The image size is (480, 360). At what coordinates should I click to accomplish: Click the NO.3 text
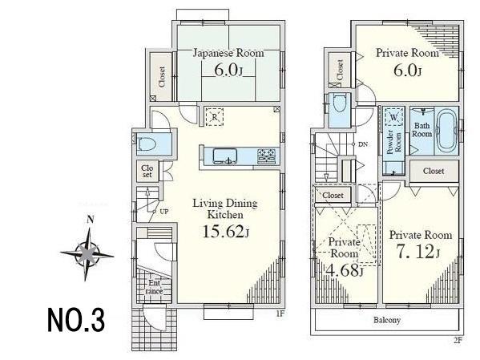click(x=75, y=321)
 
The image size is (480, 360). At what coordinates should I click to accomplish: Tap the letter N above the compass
click(x=91, y=220)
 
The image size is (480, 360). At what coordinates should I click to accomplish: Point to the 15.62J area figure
click(x=224, y=233)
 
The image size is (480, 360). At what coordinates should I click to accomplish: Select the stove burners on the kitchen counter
click(x=266, y=154)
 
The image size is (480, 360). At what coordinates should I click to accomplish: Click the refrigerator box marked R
click(x=214, y=116)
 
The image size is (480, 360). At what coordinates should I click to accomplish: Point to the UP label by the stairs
click(x=163, y=212)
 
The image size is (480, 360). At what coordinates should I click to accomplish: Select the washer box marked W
click(x=394, y=116)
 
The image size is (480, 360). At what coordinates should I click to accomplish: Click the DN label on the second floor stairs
click(x=362, y=144)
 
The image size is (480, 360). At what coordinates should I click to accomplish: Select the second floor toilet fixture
click(x=339, y=105)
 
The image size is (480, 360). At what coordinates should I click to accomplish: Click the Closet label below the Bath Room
click(x=434, y=171)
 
